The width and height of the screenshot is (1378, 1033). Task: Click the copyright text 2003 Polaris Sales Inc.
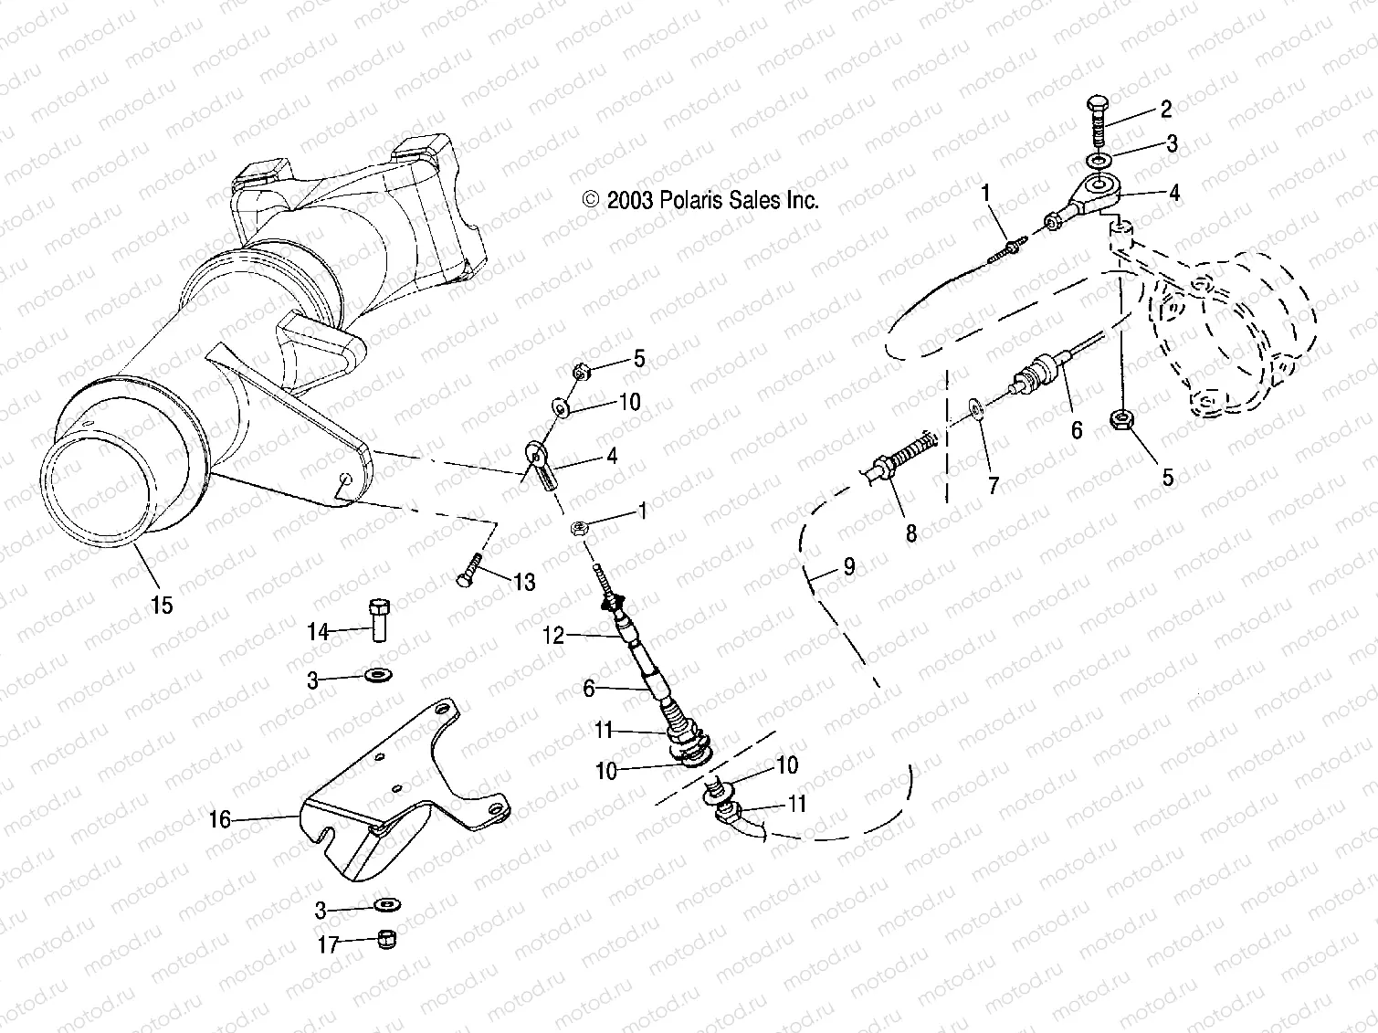coord(700,200)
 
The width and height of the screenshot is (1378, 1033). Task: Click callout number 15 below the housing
coord(162,605)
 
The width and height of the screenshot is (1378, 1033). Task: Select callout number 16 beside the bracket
coord(220,819)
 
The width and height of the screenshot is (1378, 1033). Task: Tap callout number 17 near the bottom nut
coord(328,944)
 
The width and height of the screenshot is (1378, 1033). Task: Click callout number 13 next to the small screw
coord(524,582)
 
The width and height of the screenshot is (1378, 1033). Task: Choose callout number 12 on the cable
coord(554,636)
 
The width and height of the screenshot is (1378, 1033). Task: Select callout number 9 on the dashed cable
coord(849,567)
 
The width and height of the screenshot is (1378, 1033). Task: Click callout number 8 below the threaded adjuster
coord(910,532)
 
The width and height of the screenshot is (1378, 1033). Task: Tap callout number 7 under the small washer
coord(994,484)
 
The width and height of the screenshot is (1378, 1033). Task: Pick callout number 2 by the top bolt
coord(1165,109)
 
